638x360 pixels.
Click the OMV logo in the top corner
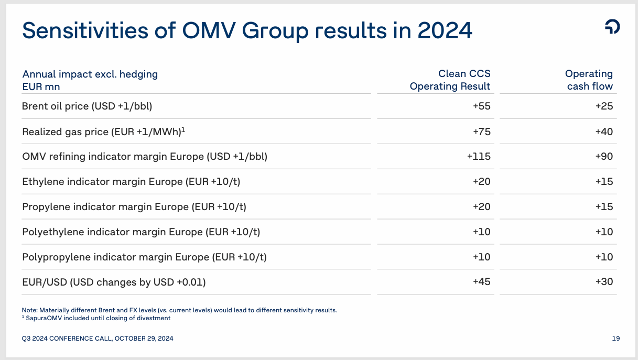coord(612,27)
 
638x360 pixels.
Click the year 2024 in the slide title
coord(445,30)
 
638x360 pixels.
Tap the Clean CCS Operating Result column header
coord(450,80)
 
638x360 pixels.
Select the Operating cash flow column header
coord(589,80)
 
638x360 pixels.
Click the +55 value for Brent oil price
coord(481,106)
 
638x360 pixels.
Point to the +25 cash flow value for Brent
coord(604,106)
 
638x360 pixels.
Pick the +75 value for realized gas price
coord(481,132)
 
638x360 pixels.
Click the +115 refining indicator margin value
coord(479,157)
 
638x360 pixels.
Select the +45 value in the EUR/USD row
coord(481,282)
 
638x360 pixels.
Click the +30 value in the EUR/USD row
coord(604,282)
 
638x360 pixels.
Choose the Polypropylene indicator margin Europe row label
coord(144,257)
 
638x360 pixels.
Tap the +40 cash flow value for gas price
coord(604,132)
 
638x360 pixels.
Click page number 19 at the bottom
coord(615,339)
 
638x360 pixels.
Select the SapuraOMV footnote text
coord(98,318)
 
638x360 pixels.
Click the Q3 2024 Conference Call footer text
coord(98,339)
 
